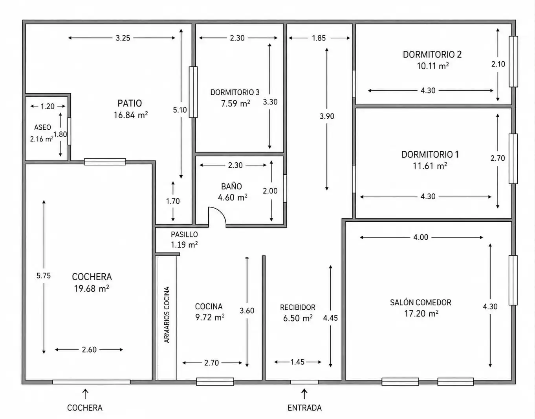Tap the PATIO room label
130,103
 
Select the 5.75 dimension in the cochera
44,276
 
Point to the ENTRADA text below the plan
304,408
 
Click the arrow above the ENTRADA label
304,393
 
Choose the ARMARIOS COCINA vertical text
167,314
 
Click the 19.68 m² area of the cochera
92,289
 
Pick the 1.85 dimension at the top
319,38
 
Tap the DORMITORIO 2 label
432,54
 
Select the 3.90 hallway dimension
327,116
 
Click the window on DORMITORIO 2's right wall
513,62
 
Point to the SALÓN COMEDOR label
421,302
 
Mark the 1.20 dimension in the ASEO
48,107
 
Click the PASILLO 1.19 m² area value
184,244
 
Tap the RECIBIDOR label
298,307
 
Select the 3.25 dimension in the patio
123,38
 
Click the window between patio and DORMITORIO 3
193,92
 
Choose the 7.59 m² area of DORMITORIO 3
235,103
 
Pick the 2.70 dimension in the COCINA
211,362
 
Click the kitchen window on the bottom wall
215,382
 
